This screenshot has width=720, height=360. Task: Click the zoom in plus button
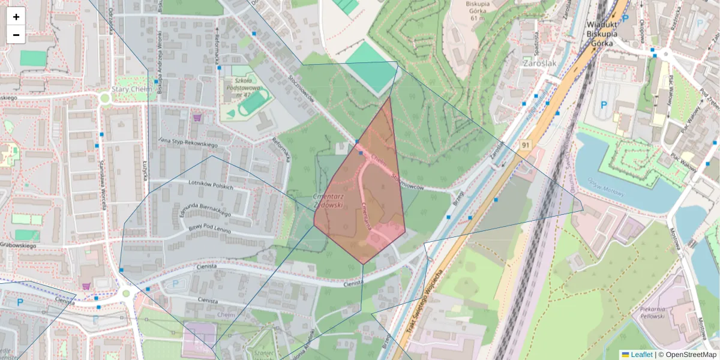(16, 17)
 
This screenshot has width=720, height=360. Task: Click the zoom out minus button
(16, 35)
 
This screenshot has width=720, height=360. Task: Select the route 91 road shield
(526, 145)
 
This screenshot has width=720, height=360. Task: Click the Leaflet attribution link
(641, 355)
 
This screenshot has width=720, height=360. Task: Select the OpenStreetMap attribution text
(688, 355)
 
